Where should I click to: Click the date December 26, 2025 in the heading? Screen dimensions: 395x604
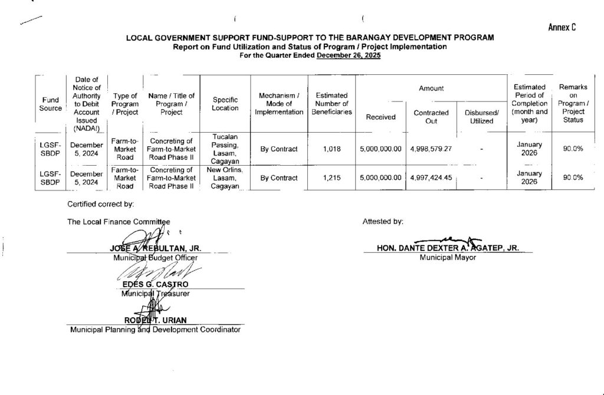coord(349,55)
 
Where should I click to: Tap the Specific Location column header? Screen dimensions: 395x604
coord(225,104)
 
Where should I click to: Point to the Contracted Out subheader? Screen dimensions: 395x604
coord(431,117)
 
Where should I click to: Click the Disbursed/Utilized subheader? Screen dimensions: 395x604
coord(481,117)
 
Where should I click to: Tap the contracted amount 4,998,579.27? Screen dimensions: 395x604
coord(431,149)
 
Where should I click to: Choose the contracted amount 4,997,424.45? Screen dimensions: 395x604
coord(431,177)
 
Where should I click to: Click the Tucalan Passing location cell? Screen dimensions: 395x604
coord(225,149)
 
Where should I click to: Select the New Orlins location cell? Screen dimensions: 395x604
coord(225,177)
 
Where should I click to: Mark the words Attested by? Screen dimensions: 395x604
coord(384,222)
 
